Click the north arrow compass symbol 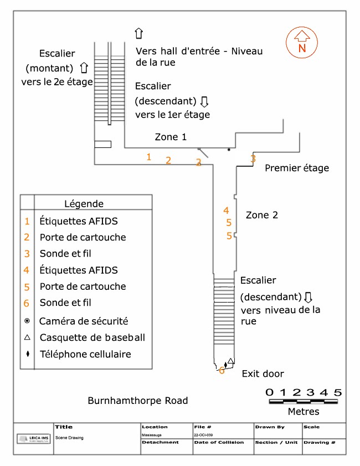[301, 43]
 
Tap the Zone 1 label [171, 137]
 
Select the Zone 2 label [261, 215]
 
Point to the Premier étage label [297, 168]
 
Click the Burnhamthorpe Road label [138, 401]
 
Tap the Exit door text [263, 374]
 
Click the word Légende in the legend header [84, 204]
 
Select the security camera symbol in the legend [27, 321]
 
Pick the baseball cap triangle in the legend [27, 337]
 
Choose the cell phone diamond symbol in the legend [27, 354]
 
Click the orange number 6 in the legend [27, 303]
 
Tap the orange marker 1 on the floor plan [148, 157]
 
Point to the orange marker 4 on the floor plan [226, 211]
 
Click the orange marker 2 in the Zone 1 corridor [168, 161]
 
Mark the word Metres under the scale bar [304, 412]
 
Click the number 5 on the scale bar [338, 392]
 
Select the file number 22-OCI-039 [203, 436]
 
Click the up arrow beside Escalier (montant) [84, 68]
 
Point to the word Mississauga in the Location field [151, 436]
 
